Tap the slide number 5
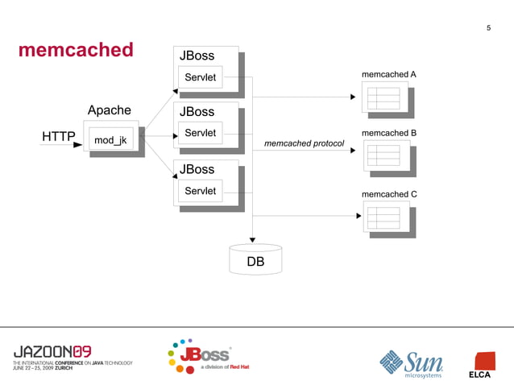488,30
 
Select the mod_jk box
110,140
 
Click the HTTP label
59,136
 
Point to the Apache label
110,110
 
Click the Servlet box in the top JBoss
201,77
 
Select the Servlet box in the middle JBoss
201,133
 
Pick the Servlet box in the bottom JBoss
201,191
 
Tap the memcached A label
389,74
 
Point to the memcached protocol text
304,143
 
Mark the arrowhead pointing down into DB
252,239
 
